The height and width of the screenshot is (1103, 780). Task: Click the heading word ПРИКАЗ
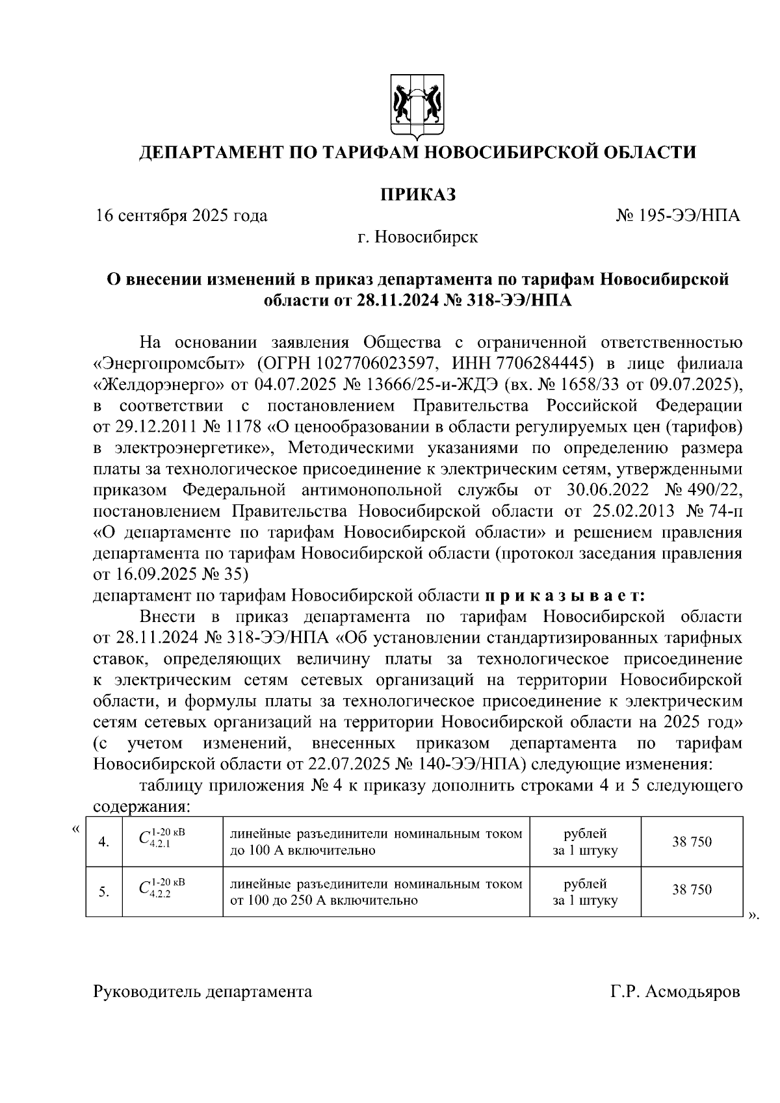pyautogui.click(x=417, y=194)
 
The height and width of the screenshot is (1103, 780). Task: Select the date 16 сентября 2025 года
pyautogui.click(x=181, y=216)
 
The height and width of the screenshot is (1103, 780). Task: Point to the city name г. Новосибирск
pyautogui.click(x=417, y=237)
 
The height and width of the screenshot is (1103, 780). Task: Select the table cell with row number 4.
pyautogui.click(x=104, y=842)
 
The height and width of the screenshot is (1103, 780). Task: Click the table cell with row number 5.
pyautogui.click(x=104, y=891)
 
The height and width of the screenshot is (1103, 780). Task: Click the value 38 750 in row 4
pyautogui.click(x=692, y=842)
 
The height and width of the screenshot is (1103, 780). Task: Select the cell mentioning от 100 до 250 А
pyautogui.click(x=376, y=892)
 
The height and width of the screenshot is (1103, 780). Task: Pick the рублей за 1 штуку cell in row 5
pyautogui.click(x=585, y=892)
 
